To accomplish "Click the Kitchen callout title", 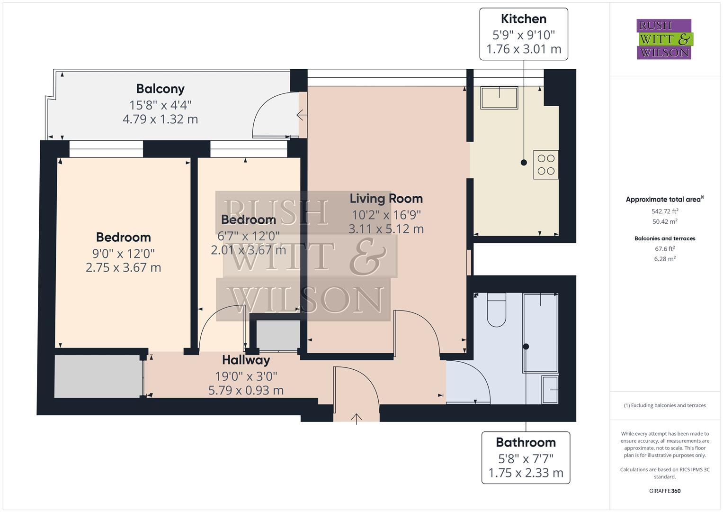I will (x=523, y=19).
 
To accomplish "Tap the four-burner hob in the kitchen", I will (x=546, y=165).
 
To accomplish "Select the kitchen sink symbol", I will (x=499, y=98).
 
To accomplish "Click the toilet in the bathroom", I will (x=496, y=311).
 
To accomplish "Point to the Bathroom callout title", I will (x=526, y=442).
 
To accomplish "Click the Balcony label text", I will (x=160, y=89).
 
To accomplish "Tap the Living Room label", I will (x=386, y=199).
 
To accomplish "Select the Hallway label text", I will (x=246, y=360).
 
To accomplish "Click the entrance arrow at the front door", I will (x=356, y=418).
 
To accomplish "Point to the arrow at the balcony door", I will (x=300, y=115).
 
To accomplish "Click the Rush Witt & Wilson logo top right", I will (x=664, y=39).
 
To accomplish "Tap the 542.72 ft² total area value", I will (x=665, y=211).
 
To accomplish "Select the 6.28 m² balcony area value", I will (x=665, y=259).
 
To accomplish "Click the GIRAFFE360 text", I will (x=665, y=491).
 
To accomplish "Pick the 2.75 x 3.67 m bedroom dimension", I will (x=123, y=267).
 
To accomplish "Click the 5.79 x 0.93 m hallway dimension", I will (x=246, y=390).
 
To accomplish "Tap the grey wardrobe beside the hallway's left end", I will (x=98, y=376).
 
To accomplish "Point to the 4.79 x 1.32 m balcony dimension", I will (x=160, y=119).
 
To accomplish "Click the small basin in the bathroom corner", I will (x=550, y=390).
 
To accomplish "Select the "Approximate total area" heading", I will (x=664, y=200).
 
